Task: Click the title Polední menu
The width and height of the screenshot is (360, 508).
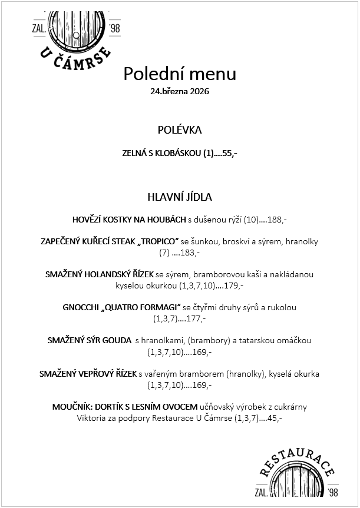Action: tap(180, 74)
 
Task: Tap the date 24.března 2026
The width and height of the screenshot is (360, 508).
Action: tap(180, 92)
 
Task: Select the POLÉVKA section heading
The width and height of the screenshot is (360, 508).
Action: tap(180, 130)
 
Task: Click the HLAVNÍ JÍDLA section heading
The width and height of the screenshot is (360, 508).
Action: tap(180, 197)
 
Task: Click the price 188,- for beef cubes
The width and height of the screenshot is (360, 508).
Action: tap(277, 220)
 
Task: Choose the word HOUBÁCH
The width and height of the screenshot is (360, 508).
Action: tap(167, 220)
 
